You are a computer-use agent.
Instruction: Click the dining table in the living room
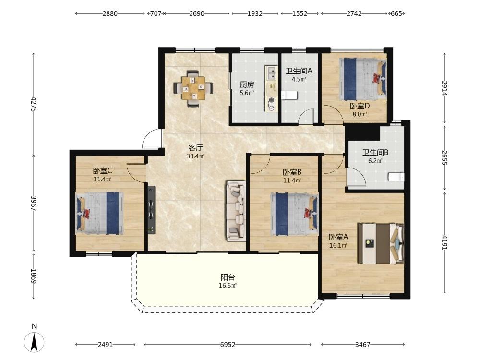[193, 88]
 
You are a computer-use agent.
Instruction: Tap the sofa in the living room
[236, 211]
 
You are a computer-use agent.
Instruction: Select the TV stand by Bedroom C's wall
[152, 210]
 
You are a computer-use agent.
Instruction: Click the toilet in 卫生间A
[289, 95]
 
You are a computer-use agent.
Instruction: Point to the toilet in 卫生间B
[396, 177]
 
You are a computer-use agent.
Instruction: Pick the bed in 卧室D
[363, 79]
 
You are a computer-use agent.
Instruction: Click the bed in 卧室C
[100, 213]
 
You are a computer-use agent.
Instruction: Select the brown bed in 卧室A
[381, 243]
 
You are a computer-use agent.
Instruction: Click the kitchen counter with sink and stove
[271, 88]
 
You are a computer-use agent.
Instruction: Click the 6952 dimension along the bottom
[228, 345]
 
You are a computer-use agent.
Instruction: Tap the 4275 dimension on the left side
[34, 104]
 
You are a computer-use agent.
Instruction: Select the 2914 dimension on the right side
[444, 88]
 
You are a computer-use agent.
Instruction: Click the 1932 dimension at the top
[255, 13]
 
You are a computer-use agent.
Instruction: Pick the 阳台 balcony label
[228, 277]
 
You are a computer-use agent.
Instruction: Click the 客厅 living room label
[196, 147]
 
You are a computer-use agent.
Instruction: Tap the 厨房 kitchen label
[247, 84]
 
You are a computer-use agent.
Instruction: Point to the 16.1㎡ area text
[338, 245]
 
